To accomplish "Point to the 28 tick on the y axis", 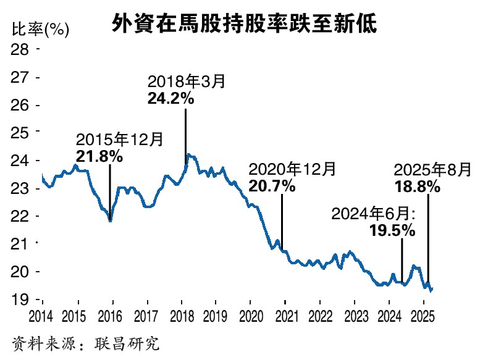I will point(21,49).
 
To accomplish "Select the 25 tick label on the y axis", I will point(21,133).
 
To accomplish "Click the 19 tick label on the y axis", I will point(21,299).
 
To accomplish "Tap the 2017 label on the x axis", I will point(146,316).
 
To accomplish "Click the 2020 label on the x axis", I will point(250,316).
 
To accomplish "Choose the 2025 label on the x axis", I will point(423,316).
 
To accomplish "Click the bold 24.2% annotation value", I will point(171,98).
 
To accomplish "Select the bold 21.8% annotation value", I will point(99,156).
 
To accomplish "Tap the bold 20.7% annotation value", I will point(272,185).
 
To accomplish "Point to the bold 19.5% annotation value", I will point(392,230).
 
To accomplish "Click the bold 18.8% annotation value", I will point(416,185).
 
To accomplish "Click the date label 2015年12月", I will point(120,140).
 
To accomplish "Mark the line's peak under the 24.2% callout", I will point(188,155).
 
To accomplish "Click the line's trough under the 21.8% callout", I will point(110,220).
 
